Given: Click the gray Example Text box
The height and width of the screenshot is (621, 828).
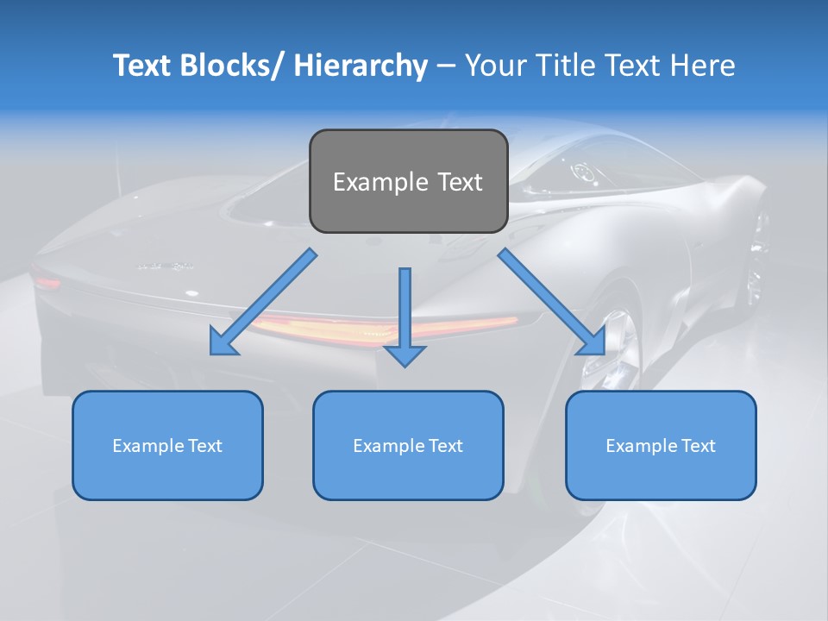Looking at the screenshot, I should pyautogui.click(x=408, y=181).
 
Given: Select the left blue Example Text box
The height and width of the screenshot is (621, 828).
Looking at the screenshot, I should pyautogui.click(x=167, y=445).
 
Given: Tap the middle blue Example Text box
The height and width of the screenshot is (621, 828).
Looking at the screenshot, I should pyautogui.click(x=408, y=445).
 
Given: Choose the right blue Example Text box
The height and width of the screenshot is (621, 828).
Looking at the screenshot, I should pyautogui.click(x=661, y=445).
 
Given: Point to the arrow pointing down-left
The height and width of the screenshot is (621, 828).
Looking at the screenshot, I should pyautogui.click(x=263, y=302).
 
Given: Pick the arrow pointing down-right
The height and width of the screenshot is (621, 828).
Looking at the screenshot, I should pyautogui.click(x=552, y=302).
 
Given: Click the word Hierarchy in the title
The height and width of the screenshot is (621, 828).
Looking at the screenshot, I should pyautogui.click(x=361, y=66).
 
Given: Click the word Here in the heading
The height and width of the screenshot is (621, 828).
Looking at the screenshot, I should pyautogui.click(x=704, y=66).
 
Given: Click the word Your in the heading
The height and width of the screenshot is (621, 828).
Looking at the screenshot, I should pyautogui.click(x=494, y=66).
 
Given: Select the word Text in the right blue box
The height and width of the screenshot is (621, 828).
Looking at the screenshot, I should pyautogui.click(x=698, y=445).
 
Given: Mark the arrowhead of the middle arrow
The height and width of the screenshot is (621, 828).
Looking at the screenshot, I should pyautogui.click(x=405, y=354).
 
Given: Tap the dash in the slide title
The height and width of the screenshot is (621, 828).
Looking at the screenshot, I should pyautogui.click(x=446, y=66).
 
